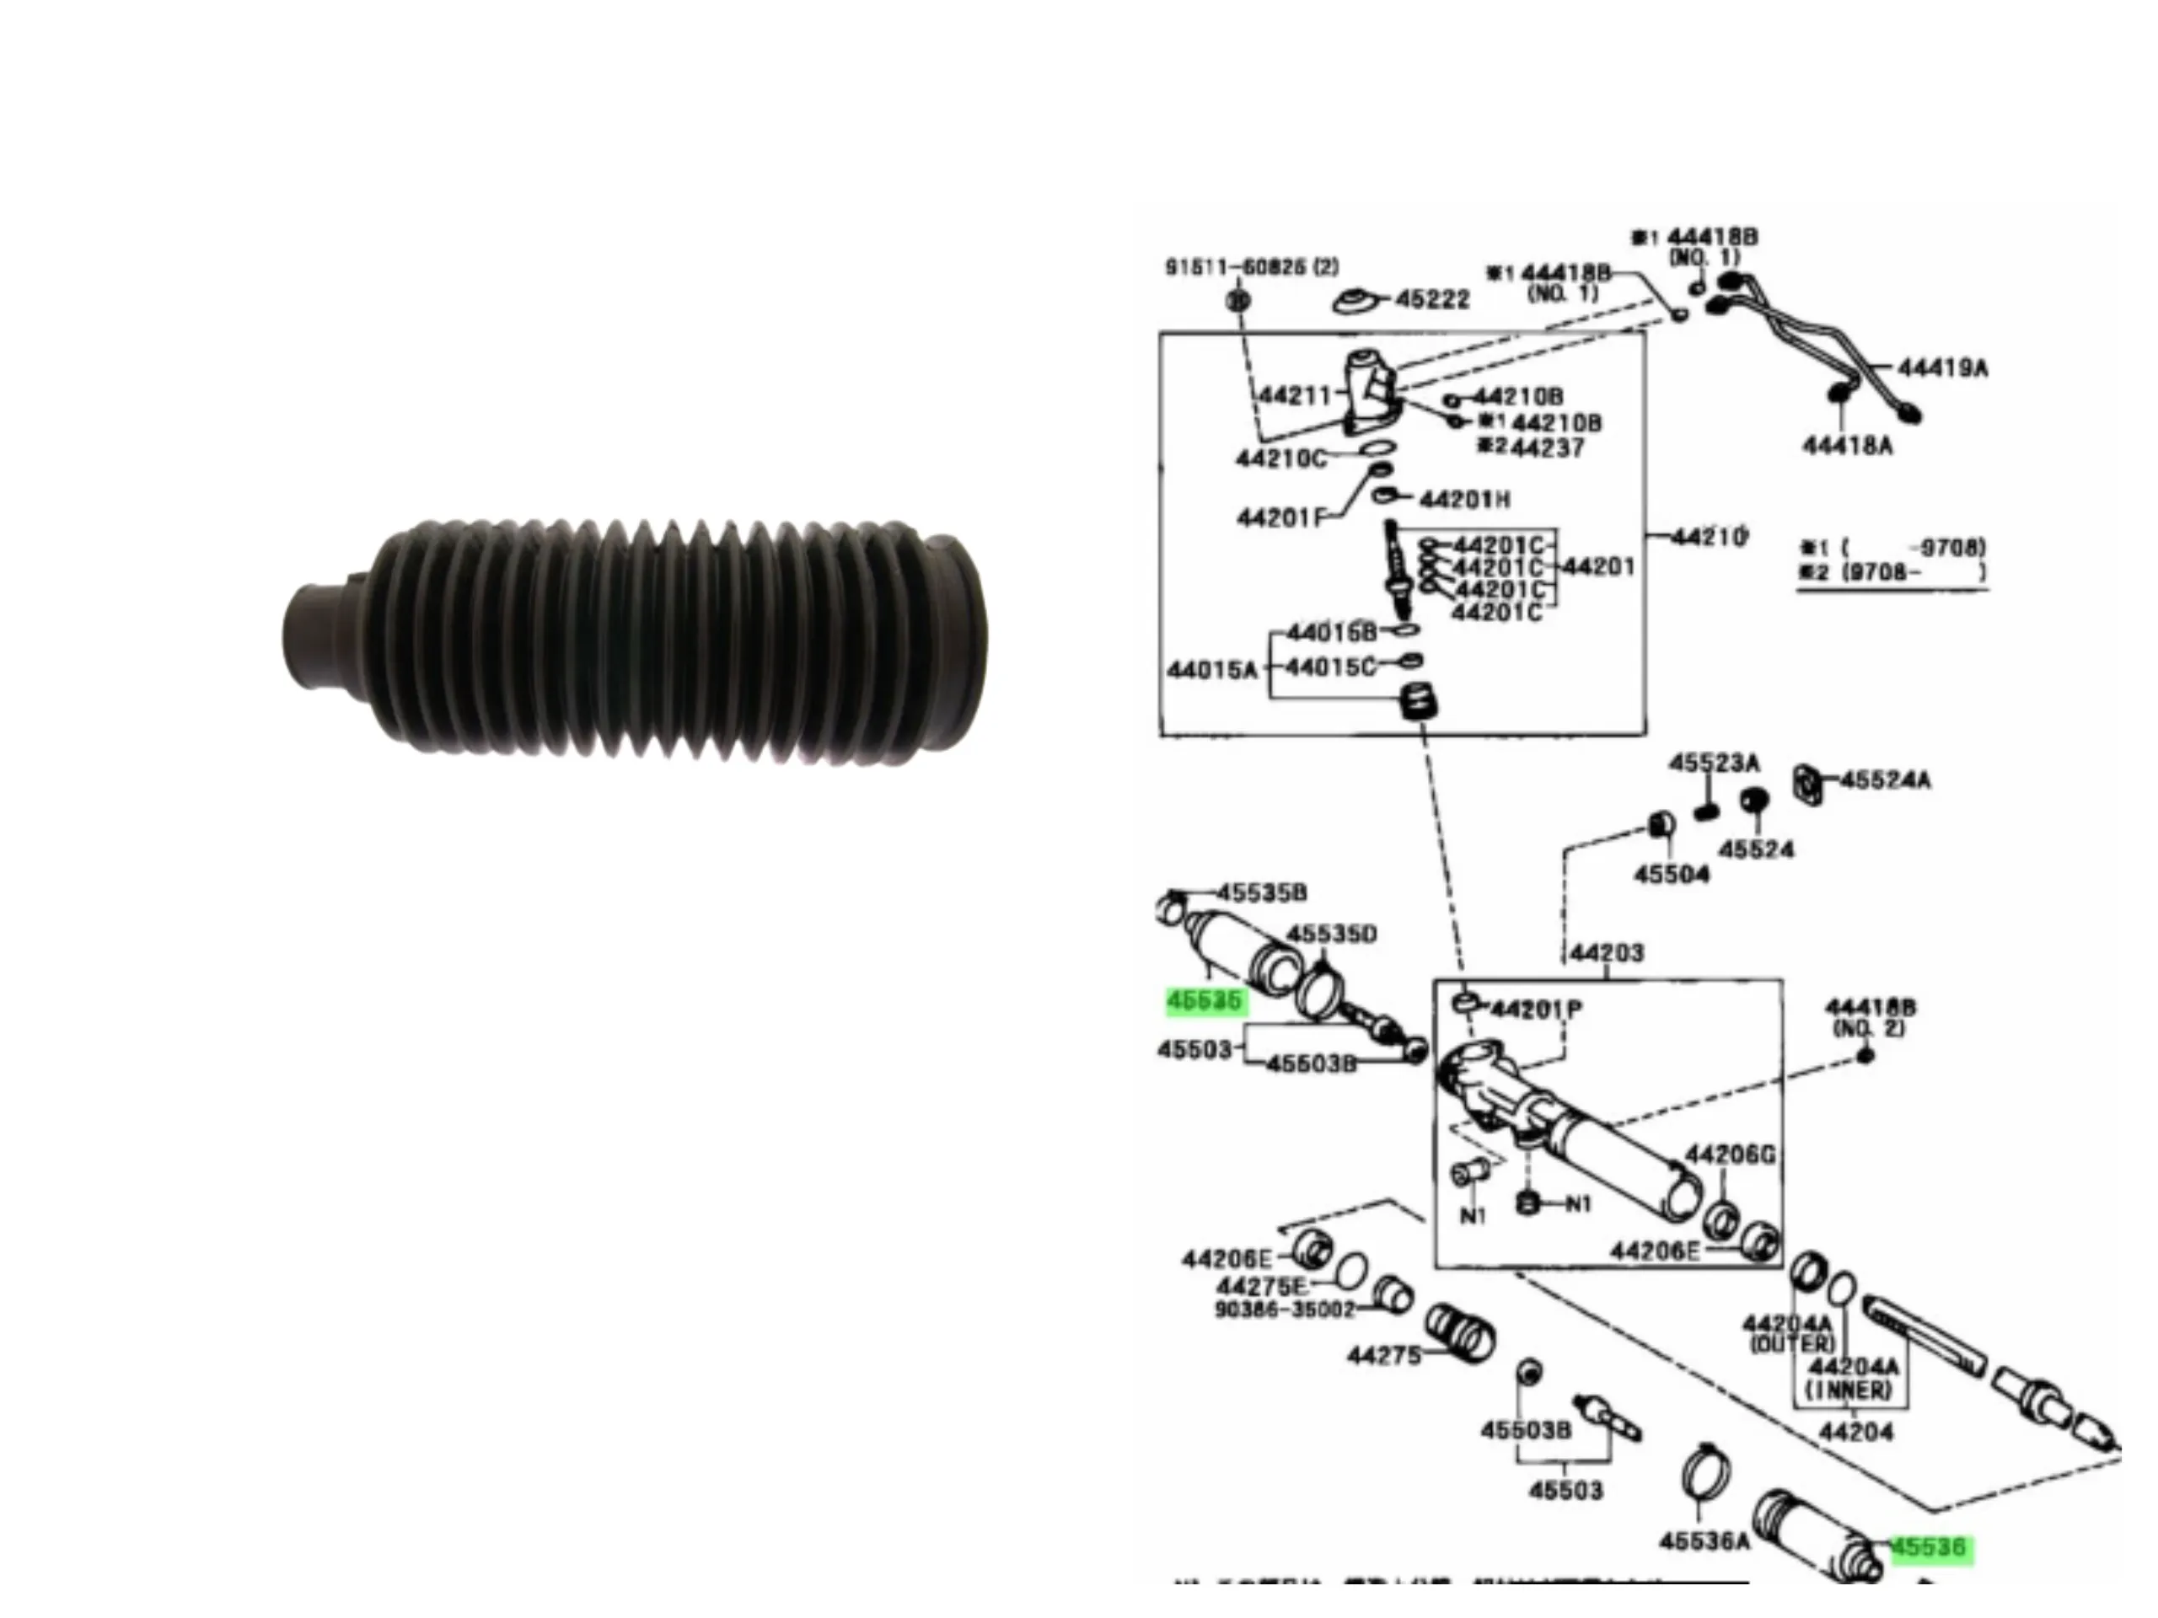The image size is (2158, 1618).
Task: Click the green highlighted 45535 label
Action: pyautogui.click(x=1205, y=1000)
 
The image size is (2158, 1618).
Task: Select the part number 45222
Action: pyautogui.click(x=1432, y=299)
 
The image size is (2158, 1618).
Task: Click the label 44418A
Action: pyautogui.click(x=1848, y=446)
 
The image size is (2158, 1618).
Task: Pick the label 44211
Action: pyautogui.click(x=1295, y=395)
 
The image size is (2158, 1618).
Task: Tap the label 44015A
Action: pyautogui.click(x=1211, y=669)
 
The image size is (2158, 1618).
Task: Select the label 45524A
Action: pyautogui.click(x=1885, y=780)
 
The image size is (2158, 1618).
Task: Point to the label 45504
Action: pyautogui.click(x=1671, y=874)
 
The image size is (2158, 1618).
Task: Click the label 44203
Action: pyautogui.click(x=1607, y=952)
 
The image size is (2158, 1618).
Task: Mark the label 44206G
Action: pyautogui.click(x=1730, y=1155)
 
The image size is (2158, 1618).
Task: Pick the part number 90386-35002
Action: pyautogui.click(x=1285, y=1310)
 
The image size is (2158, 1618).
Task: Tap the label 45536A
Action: pyautogui.click(x=1704, y=1541)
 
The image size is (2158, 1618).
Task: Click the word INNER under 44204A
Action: pyautogui.click(x=1848, y=1390)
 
